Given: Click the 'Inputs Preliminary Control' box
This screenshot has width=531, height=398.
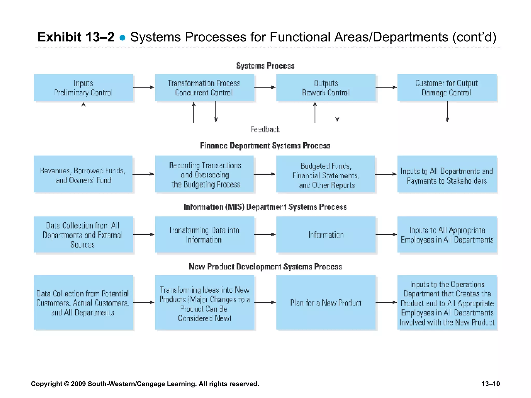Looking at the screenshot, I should point(83,88).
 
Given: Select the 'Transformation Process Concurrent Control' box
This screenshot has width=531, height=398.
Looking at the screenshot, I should point(204,88).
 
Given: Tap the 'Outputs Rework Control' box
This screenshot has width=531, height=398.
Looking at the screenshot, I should point(326,88).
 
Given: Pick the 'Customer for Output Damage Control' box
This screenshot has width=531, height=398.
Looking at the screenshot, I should point(447,88).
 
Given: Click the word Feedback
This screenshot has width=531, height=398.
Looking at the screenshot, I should point(265,129).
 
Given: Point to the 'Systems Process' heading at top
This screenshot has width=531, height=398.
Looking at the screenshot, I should point(265,66).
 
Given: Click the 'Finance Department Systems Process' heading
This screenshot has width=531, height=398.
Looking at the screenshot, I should point(265,146).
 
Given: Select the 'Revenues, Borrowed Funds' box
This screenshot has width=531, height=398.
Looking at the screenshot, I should point(83,174).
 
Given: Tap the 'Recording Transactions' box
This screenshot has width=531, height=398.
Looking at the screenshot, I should point(204,174).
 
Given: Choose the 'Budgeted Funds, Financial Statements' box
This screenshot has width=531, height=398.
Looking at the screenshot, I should point(326,174).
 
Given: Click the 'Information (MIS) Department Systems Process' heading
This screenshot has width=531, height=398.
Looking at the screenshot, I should point(265,207).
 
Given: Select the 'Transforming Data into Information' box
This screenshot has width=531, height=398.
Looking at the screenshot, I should point(204,234).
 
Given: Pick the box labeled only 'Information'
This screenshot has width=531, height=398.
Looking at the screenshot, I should point(326,234).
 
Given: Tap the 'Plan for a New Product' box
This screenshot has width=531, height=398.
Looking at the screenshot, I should point(326,302).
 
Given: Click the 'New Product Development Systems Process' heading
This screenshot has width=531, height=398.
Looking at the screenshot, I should point(265,267).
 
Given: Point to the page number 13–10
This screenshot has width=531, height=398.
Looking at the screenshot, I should point(490,384).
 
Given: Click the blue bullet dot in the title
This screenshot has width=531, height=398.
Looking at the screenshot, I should point(122,38).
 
